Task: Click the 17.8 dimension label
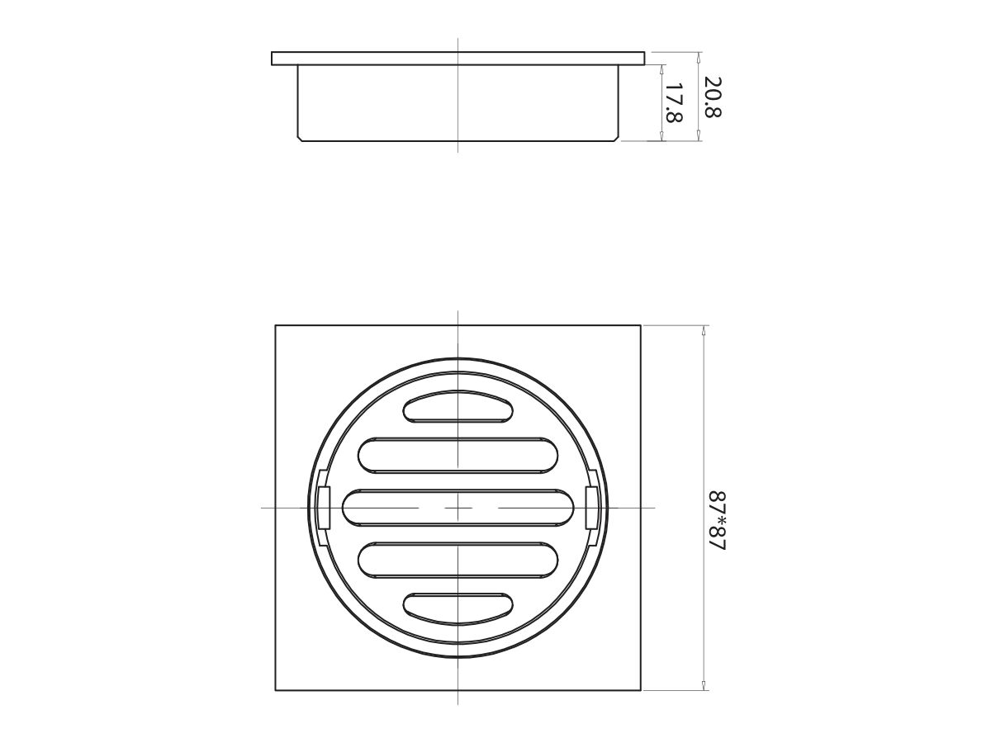click(x=674, y=103)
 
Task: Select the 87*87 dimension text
click(x=716, y=522)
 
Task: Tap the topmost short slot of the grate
click(x=458, y=406)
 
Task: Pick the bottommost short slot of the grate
click(x=458, y=607)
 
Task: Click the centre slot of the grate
click(x=458, y=507)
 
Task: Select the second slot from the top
click(x=458, y=455)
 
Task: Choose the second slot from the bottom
click(x=458, y=559)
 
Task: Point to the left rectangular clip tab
click(x=325, y=507)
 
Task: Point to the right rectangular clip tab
click(x=591, y=507)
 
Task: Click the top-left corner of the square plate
click(x=276, y=325)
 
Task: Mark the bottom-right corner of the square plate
click(x=641, y=690)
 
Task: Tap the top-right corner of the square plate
click(x=641, y=325)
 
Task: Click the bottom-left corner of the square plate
click(x=276, y=690)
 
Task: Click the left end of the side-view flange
click(x=273, y=59)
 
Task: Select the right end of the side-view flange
click(x=642, y=59)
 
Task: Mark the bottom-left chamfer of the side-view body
click(x=300, y=139)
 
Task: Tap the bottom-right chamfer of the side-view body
click(x=617, y=139)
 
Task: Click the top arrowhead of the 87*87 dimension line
click(x=704, y=329)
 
